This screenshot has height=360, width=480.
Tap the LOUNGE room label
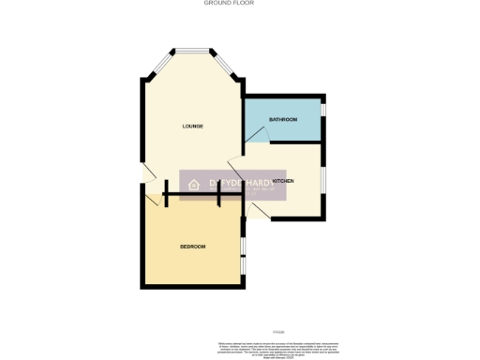coord(193,126)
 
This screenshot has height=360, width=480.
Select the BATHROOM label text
coord(283,120)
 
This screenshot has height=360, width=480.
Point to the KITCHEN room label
coord(283,180)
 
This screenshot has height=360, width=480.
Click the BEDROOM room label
coord(192,246)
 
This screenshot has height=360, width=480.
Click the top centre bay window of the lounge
coord(192,50)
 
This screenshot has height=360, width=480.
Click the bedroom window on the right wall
coord(243,246)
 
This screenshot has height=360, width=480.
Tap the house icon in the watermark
coord(194,185)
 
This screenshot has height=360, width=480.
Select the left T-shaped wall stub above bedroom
coord(166,196)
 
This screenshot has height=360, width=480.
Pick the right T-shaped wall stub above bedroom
coord(218,196)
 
